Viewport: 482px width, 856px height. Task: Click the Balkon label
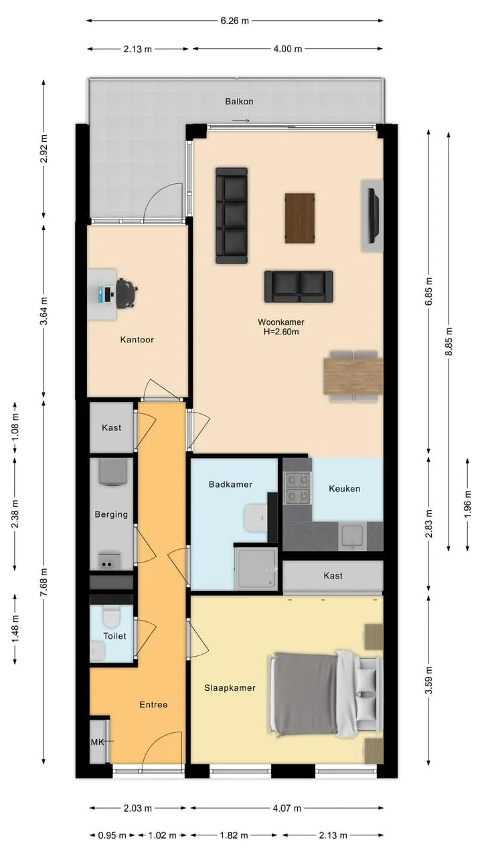tap(239, 102)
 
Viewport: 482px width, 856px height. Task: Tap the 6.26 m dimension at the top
tap(234, 21)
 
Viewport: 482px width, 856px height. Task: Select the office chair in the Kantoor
tap(127, 293)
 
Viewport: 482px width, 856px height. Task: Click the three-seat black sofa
tap(232, 215)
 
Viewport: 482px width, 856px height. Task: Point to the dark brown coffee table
tap(300, 218)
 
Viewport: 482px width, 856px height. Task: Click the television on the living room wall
tap(373, 215)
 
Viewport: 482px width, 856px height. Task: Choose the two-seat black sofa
tap(299, 287)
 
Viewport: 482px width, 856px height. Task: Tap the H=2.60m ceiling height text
tap(281, 332)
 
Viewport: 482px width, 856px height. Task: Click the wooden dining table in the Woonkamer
tap(353, 376)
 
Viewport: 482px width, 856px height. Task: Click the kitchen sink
tap(352, 536)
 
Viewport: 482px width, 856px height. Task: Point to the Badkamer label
tap(231, 485)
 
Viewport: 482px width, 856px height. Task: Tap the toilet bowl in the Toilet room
tap(112, 617)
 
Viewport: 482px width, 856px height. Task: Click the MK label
tap(97, 742)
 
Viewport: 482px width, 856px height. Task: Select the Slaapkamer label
tap(230, 688)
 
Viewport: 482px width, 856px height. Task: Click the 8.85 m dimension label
tap(449, 341)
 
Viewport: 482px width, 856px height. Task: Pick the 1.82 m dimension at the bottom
tap(234, 835)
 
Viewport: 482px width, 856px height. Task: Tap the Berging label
tap(111, 514)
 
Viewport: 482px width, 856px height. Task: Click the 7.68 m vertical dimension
tap(44, 582)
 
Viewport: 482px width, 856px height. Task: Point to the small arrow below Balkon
tap(241, 121)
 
